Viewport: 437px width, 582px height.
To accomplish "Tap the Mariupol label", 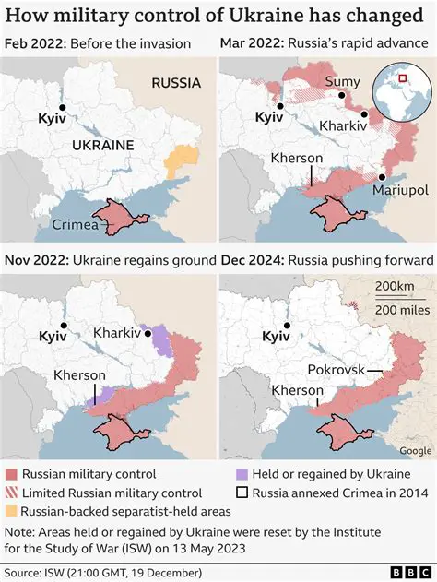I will (x=402, y=190).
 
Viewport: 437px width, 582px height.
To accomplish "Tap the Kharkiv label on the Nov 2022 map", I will (x=117, y=331).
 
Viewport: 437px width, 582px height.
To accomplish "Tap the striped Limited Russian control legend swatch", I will (x=10, y=493).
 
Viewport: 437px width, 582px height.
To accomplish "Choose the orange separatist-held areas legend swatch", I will (x=10, y=511).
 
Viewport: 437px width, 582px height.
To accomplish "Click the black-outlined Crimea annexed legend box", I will (x=242, y=493).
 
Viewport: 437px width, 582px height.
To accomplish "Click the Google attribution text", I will (x=416, y=450).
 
